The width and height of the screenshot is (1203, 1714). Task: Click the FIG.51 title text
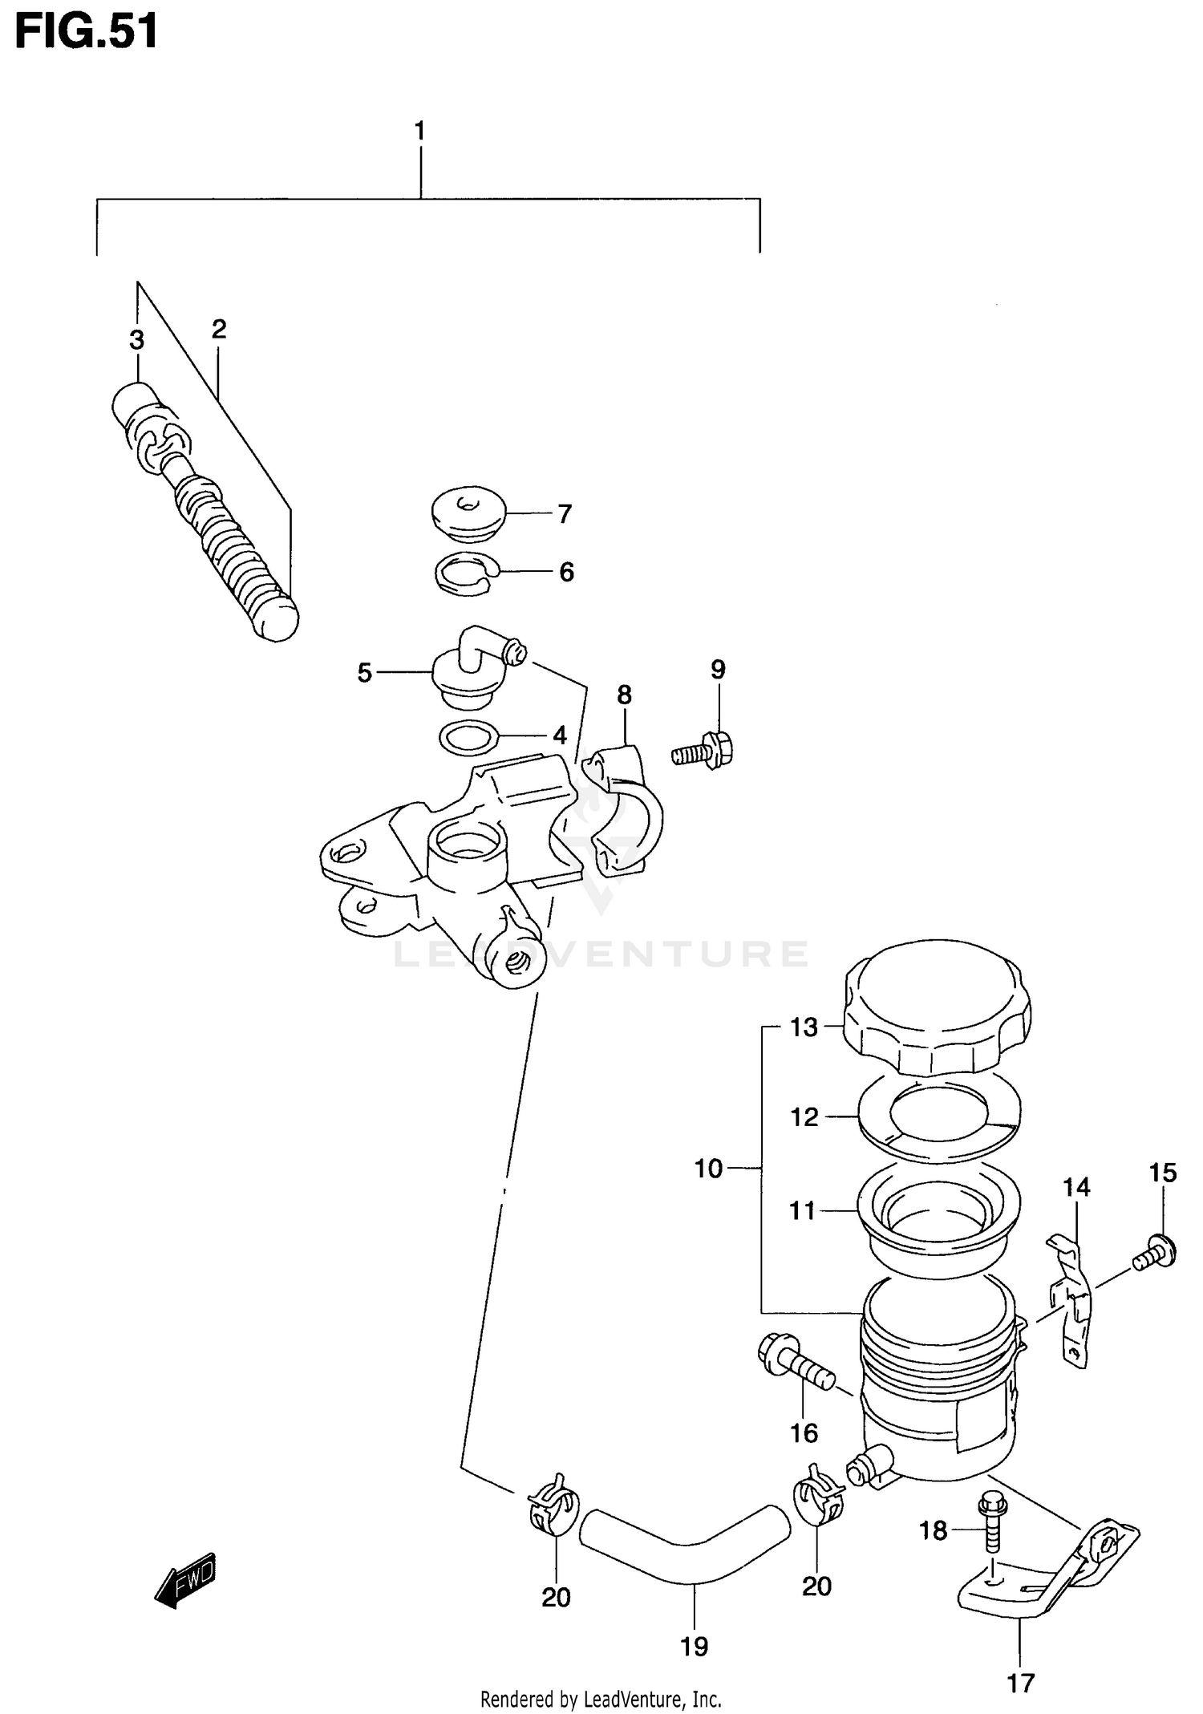click(86, 34)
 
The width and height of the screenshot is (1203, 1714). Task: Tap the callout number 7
click(565, 514)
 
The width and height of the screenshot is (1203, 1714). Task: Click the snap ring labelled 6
click(465, 575)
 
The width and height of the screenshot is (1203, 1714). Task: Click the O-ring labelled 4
click(468, 737)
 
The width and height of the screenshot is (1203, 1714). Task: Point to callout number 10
click(708, 1169)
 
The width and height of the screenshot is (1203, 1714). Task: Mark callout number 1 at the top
click(419, 131)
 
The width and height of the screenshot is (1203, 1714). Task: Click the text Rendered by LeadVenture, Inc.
click(601, 1699)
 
